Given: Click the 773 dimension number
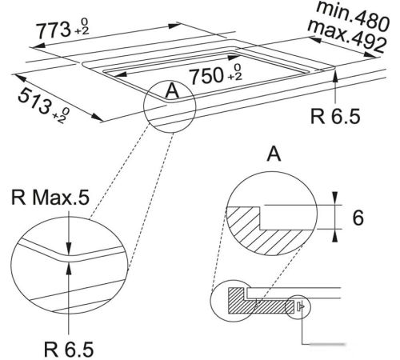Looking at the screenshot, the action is (x=53, y=30).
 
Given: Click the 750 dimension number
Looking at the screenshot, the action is (x=207, y=76).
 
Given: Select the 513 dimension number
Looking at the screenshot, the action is (x=34, y=102).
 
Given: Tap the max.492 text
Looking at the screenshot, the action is (x=347, y=37).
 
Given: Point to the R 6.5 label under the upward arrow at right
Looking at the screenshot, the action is (x=335, y=116).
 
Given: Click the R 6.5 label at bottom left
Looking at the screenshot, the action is (x=69, y=350).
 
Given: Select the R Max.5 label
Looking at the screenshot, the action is (x=50, y=198).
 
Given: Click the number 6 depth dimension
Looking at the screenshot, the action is (x=358, y=218).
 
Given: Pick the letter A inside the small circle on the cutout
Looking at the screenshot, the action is (x=172, y=91).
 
